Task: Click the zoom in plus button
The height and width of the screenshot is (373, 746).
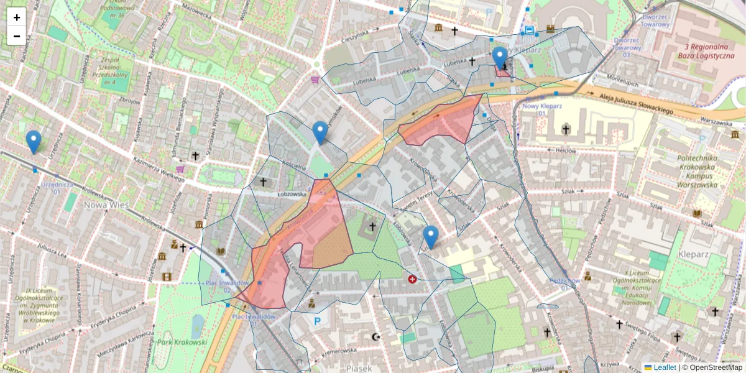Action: (x=17, y=17)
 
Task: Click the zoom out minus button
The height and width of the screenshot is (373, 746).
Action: (x=17, y=36)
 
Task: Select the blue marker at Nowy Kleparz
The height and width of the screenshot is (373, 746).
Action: (x=500, y=58)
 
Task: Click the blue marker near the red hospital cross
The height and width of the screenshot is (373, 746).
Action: (x=431, y=237)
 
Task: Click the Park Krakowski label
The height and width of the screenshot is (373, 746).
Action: (x=182, y=343)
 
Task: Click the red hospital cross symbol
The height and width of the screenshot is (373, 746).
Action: (x=412, y=280)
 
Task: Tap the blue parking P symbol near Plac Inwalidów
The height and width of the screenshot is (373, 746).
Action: (x=318, y=321)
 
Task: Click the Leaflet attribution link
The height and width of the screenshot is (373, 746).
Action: (x=665, y=367)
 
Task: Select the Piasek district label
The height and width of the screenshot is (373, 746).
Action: (x=359, y=368)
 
